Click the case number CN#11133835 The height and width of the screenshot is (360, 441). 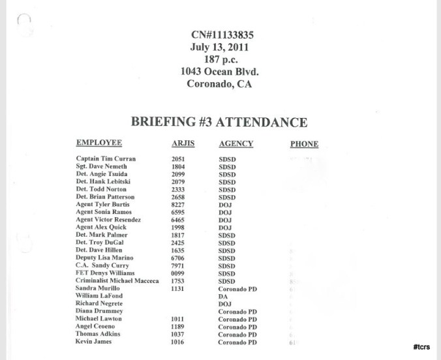[x=219, y=35]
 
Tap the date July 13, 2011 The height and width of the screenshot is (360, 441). [x=219, y=48]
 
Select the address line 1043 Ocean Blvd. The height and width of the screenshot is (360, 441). [x=219, y=72]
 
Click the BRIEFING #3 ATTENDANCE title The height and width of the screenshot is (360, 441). [x=219, y=122]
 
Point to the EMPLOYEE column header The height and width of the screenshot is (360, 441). [x=99, y=143]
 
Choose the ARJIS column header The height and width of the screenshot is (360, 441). [x=183, y=143]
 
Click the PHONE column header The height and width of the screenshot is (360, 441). [x=304, y=144]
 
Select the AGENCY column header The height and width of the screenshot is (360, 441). [x=236, y=143]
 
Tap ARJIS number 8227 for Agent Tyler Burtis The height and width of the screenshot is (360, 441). [x=178, y=205]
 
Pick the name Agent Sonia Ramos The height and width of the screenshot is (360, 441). [x=104, y=213]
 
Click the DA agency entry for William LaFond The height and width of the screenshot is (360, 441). [x=222, y=297]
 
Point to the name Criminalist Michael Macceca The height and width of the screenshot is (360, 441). [x=117, y=281]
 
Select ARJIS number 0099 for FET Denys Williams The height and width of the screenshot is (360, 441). [x=178, y=274]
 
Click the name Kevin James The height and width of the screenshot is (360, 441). [x=93, y=342]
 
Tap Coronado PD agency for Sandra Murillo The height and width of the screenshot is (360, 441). [x=237, y=289]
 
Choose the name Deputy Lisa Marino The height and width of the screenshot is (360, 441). [x=104, y=258]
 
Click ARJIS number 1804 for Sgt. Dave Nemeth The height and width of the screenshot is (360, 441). [x=178, y=167]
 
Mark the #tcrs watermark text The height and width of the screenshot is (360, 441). [x=421, y=347]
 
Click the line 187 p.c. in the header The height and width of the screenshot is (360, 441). [x=219, y=59]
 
